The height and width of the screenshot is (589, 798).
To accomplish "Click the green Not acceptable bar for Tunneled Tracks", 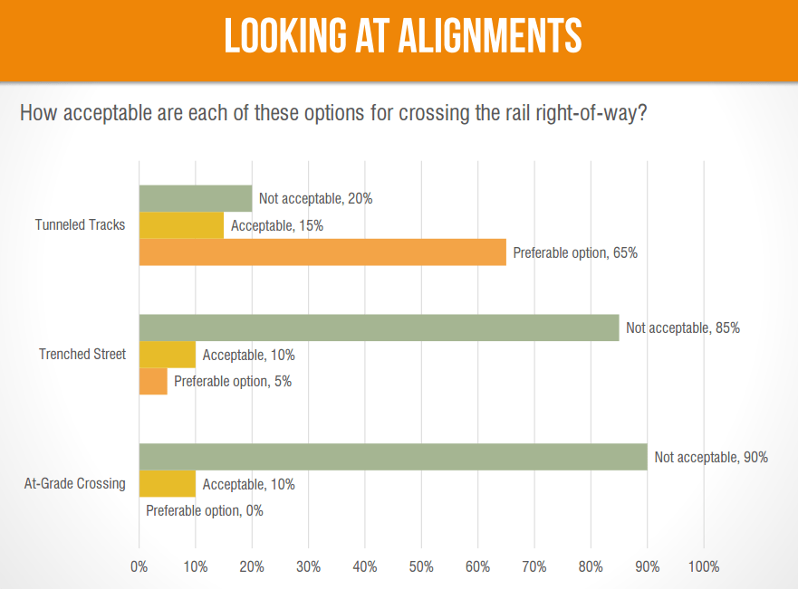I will (x=195, y=198).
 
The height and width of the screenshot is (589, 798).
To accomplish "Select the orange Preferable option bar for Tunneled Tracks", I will (x=322, y=252).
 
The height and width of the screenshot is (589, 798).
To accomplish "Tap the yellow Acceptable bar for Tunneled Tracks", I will (x=181, y=225).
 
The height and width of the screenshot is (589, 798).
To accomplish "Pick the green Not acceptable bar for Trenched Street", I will (x=379, y=328).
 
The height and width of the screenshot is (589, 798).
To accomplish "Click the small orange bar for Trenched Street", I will (x=153, y=381).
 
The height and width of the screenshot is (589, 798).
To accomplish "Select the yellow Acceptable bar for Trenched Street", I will (x=167, y=355).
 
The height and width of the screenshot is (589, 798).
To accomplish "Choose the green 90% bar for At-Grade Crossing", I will (x=393, y=457).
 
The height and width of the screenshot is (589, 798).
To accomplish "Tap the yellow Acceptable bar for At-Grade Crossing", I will (x=167, y=484).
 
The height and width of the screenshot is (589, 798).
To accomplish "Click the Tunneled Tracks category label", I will (x=80, y=225).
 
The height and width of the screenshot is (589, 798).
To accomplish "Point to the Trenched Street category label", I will (x=82, y=355).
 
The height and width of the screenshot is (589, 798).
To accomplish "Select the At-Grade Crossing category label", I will (x=74, y=484).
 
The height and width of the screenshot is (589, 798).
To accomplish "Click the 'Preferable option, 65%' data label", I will (x=575, y=253).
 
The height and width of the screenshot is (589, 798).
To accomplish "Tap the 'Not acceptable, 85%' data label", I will (x=683, y=328).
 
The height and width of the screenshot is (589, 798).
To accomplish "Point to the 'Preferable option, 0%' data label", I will (x=205, y=511).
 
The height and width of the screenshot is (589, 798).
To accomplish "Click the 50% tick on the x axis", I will (x=421, y=567).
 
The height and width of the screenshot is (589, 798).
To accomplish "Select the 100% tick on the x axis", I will (x=704, y=567).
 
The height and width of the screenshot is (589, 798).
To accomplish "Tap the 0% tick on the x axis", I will (x=139, y=567).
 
